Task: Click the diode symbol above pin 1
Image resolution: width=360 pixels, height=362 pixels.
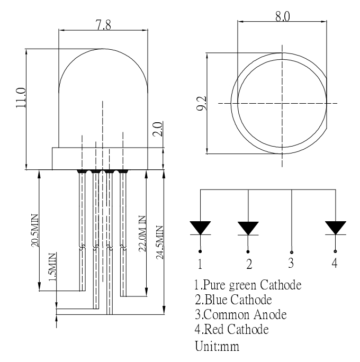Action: coord(200,227)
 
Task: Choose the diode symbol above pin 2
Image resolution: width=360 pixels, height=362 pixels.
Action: coord(248,228)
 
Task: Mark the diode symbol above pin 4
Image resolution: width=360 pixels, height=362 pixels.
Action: coord(335,227)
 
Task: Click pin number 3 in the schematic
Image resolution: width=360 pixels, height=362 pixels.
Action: coord(291,261)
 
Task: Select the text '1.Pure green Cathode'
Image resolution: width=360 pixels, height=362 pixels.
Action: coord(248,286)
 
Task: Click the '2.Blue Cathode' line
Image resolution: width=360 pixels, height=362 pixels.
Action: coord(233,300)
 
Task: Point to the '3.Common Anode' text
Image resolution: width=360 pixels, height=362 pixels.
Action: coord(241,314)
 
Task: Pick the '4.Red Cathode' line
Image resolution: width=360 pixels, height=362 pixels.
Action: coord(232,329)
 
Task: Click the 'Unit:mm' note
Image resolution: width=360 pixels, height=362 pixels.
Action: coord(218,348)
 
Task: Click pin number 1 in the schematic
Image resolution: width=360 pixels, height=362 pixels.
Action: coord(200,263)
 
